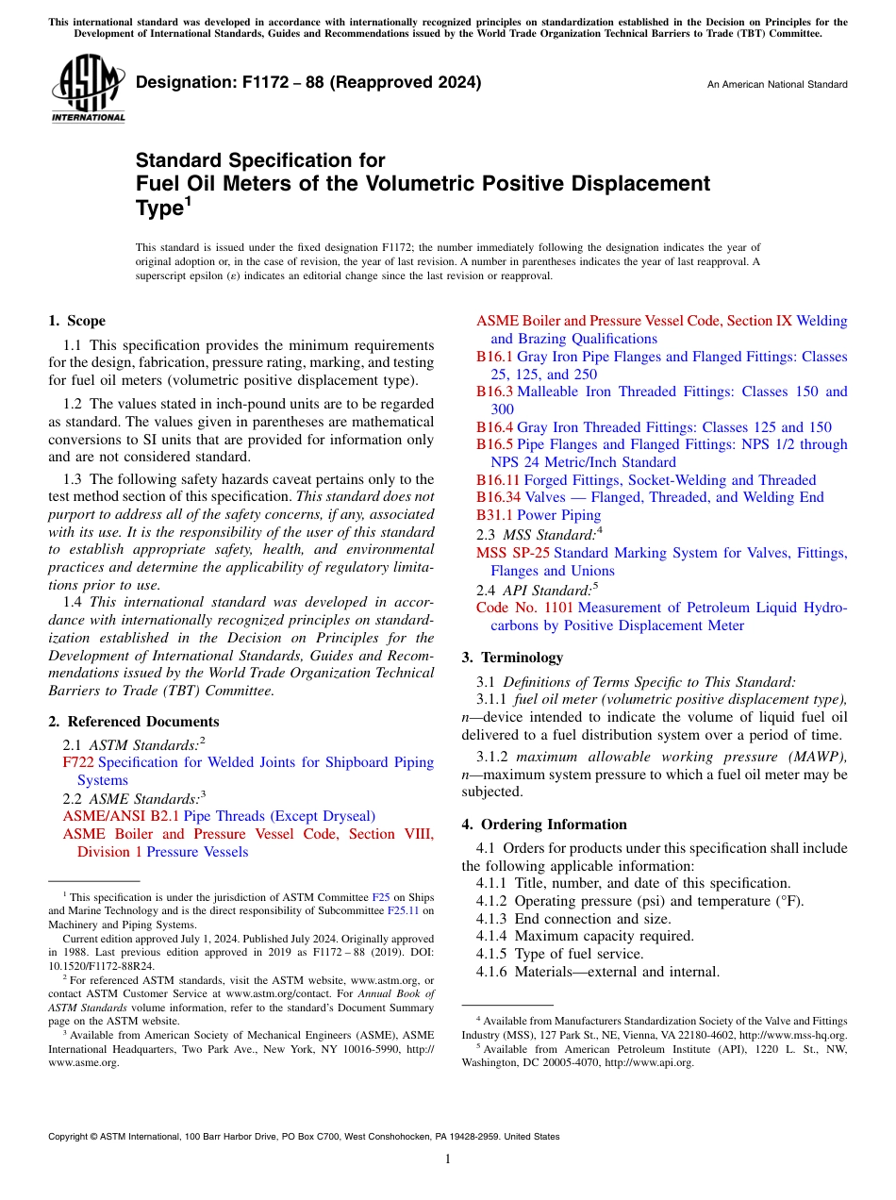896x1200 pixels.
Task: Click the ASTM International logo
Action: click(88, 89)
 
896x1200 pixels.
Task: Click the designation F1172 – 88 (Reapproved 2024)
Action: click(308, 82)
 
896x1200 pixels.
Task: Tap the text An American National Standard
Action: click(776, 85)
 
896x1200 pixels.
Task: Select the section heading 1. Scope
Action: click(77, 321)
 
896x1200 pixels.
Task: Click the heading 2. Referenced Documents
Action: click(133, 722)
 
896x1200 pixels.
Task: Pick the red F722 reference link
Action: click(78, 762)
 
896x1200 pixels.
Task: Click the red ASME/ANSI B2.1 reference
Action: click(121, 816)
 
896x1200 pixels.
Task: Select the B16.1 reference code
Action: click(494, 357)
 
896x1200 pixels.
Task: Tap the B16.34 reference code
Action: click(498, 497)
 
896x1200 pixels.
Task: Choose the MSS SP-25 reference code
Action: click(512, 553)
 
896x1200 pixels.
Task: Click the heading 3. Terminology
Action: click(512, 657)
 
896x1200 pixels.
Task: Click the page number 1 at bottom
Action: click(448, 1158)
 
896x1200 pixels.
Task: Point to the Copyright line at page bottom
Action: click(304, 1137)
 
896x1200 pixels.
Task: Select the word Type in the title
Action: click(157, 208)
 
